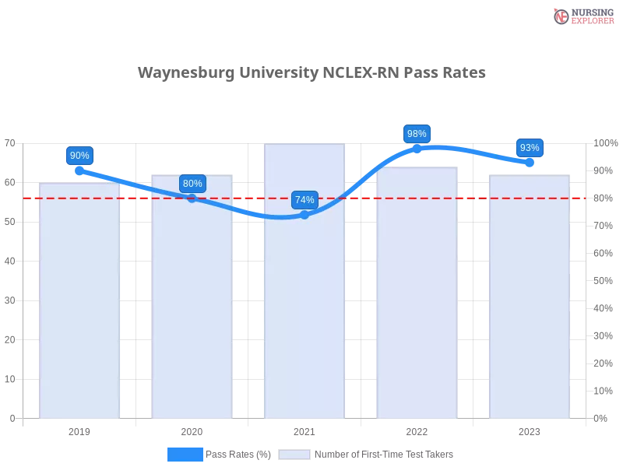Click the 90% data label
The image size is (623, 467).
79,156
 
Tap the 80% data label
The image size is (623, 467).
192,184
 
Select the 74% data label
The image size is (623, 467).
304,200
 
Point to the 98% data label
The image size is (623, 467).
417,133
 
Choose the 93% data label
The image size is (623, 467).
530,148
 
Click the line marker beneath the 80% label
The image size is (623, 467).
192,198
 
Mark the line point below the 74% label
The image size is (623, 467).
304,215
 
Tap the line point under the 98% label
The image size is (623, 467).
417,147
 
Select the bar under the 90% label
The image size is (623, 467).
79,304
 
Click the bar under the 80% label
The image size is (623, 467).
192,300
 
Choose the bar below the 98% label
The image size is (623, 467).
417,296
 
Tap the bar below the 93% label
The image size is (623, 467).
530,300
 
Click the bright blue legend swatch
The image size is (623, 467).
185,454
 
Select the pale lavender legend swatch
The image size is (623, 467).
294,454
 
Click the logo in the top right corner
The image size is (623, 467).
582,16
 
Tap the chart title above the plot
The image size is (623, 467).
311,73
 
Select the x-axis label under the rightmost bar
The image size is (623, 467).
530,430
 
